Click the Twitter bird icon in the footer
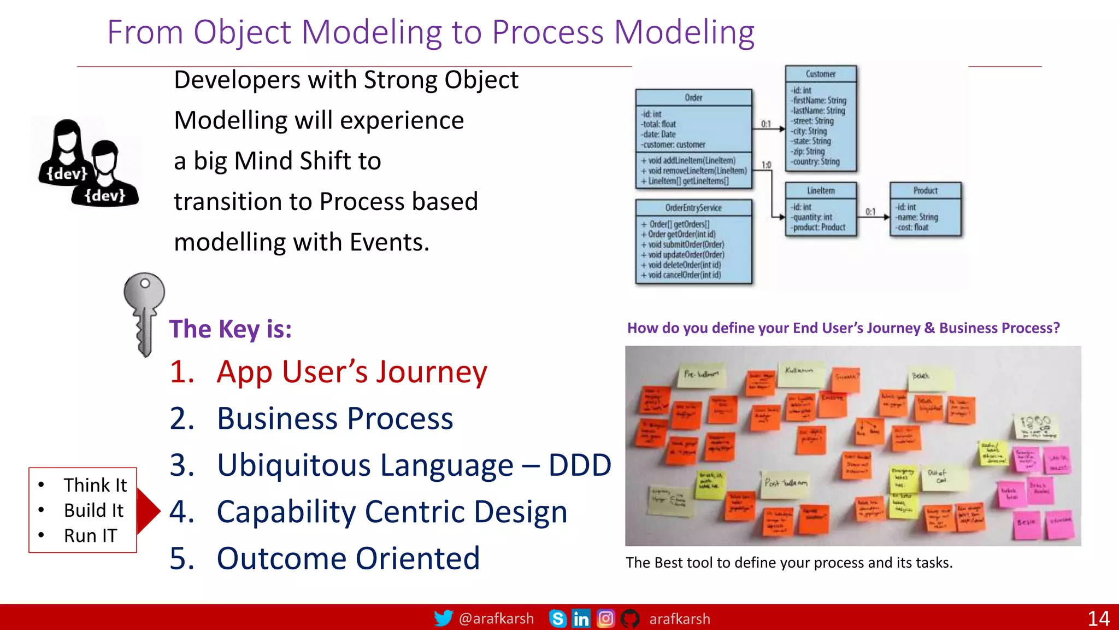pos(443,619)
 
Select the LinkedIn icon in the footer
pos(581,619)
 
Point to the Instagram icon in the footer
pos(605,619)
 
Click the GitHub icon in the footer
pos(630,619)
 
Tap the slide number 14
pos(1098,619)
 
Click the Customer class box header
pos(821,74)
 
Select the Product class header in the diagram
pos(925,190)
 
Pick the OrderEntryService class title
pos(693,208)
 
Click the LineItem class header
pos(821,190)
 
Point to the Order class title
pos(693,97)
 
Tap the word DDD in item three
pos(580,465)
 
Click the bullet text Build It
pos(93,510)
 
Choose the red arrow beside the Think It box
pos(148,511)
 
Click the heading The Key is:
pos(230,329)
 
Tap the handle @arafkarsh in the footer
pos(496,619)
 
